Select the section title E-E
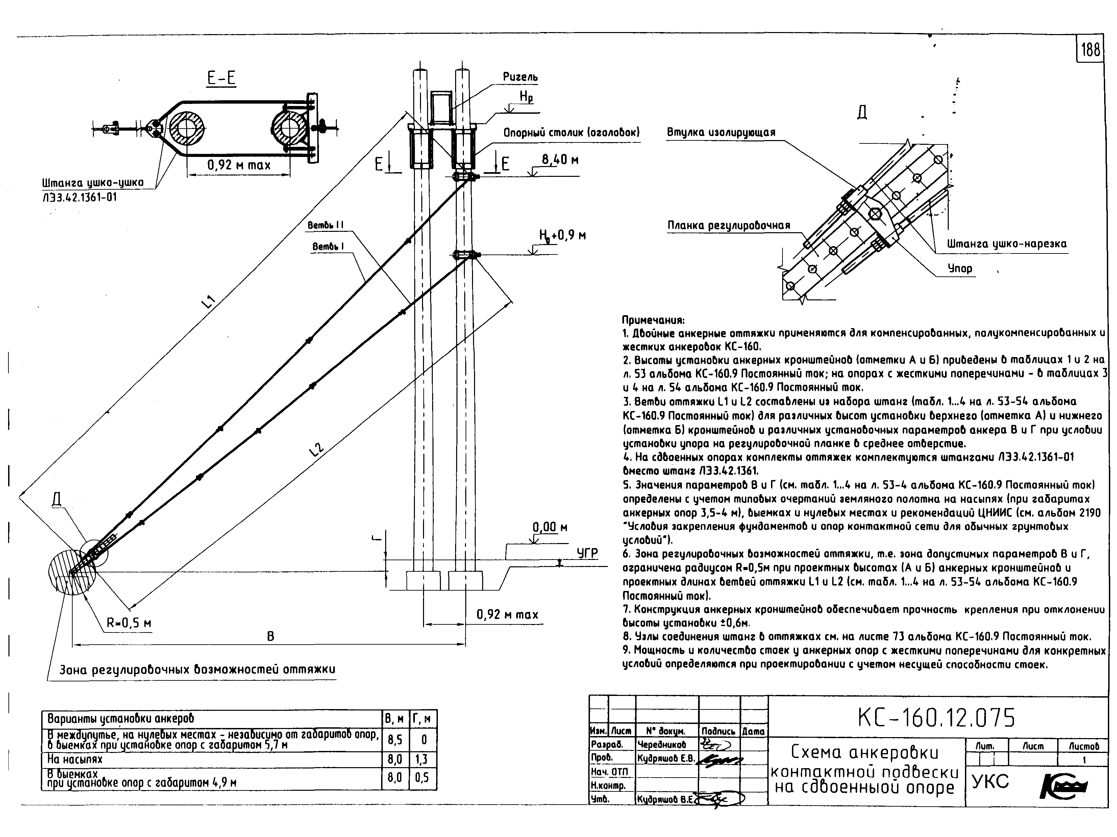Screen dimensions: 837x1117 [x=222, y=78]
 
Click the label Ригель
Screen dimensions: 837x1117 [x=520, y=77]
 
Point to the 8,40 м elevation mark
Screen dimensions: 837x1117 [x=560, y=160]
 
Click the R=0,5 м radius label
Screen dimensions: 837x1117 [x=129, y=624]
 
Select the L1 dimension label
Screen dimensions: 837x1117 [x=208, y=302]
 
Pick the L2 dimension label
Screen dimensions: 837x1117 [x=316, y=449]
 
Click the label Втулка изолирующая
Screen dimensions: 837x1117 [x=721, y=133]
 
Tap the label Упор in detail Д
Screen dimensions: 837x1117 [x=960, y=268]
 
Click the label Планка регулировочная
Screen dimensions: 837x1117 [x=729, y=225]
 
